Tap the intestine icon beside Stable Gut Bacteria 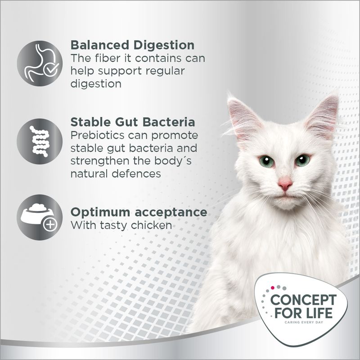click(40, 141)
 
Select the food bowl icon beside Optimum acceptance click(40, 217)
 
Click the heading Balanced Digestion click(133, 45)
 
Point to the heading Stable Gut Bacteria click(133, 122)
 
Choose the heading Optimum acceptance click(139, 212)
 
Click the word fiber click(107, 58)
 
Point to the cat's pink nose click(285, 183)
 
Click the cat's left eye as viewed click(266, 160)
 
